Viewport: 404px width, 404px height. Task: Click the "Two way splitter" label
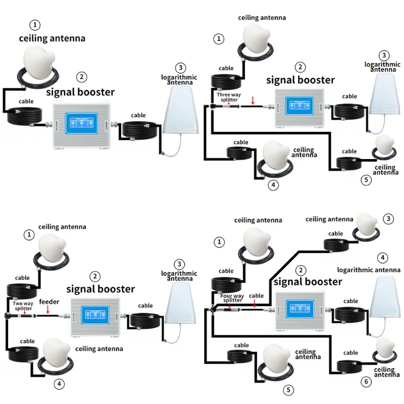[23, 306]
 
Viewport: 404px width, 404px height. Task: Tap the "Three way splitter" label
[227, 97]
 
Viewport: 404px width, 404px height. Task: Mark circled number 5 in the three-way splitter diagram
[366, 179]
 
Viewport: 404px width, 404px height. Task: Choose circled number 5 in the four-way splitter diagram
[289, 390]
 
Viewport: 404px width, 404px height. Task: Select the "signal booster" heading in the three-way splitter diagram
[300, 80]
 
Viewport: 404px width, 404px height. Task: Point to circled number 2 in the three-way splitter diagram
[301, 67]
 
